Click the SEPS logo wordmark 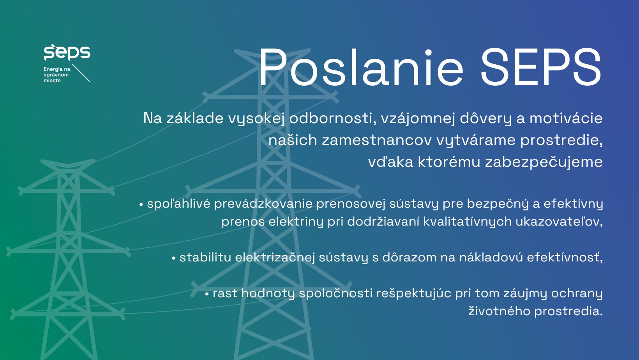pos(67,53)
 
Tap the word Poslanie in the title pos(361,67)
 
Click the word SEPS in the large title pos(541,67)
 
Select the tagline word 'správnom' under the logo pos(56,75)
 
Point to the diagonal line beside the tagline pos(81,73)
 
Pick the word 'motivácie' pos(566,118)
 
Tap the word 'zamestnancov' pos(377,140)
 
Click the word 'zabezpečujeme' pos(544,162)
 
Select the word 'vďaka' pos(390,162)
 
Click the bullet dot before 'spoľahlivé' pos(141,204)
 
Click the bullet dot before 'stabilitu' pos(173,258)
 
